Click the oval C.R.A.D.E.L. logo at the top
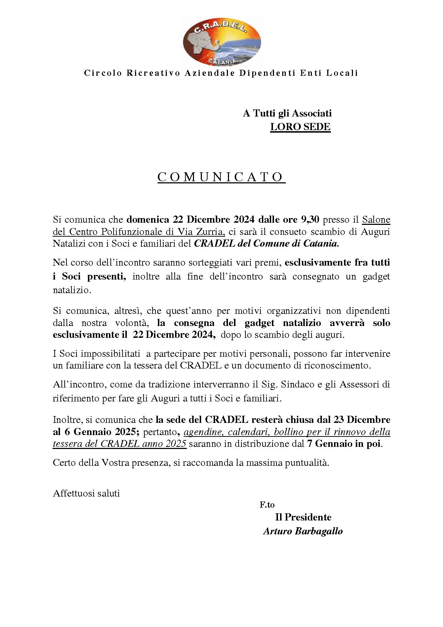click(x=222, y=42)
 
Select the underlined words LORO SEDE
click(x=300, y=127)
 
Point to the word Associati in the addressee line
click(x=312, y=113)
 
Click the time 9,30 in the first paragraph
click(x=310, y=219)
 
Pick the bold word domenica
click(x=148, y=219)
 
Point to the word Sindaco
click(x=297, y=385)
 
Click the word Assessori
click(x=359, y=385)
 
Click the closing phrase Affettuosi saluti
click(x=86, y=493)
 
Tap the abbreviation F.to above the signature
click(x=267, y=505)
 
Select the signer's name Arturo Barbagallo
click(x=303, y=531)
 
